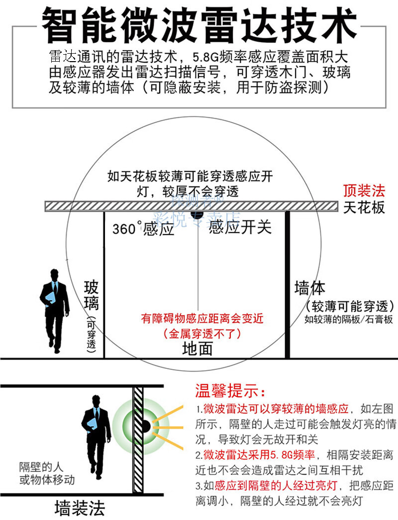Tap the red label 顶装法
pyautogui.click(x=364, y=190)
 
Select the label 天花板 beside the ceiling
pyautogui.click(x=364, y=207)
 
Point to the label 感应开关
pyautogui.click(x=240, y=227)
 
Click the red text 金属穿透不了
pyautogui.click(x=202, y=334)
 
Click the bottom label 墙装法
pyautogui.click(x=80, y=508)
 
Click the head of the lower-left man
pyautogui.click(x=96, y=401)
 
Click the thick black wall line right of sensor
pyautogui.click(x=287, y=283)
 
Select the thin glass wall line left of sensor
pyautogui.click(x=104, y=283)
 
